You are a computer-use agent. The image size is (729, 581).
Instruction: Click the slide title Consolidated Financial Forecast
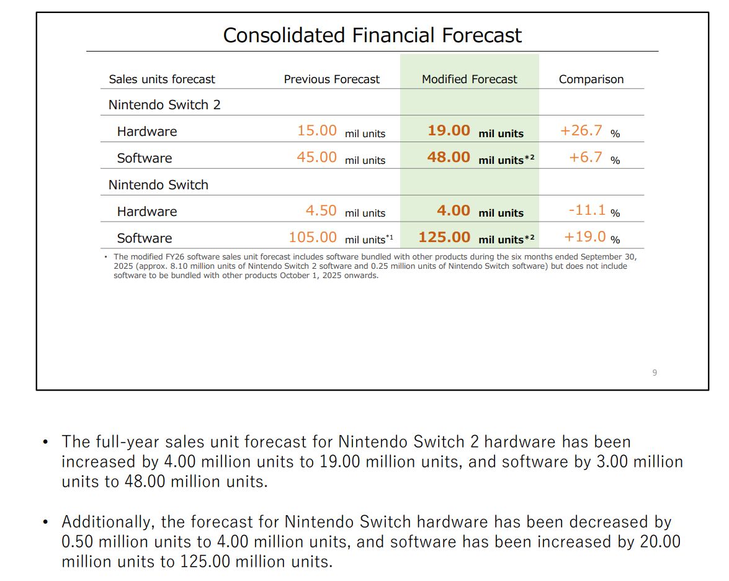click(x=372, y=35)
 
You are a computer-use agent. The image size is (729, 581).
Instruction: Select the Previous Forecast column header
click(x=331, y=79)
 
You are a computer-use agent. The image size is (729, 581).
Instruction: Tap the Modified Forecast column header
click(x=469, y=79)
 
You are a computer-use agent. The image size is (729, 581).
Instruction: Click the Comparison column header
click(x=591, y=79)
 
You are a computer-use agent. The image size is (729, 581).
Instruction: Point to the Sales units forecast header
click(x=162, y=79)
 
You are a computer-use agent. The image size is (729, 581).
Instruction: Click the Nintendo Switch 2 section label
click(x=164, y=105)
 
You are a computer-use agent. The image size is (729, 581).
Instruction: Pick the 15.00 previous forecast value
click(x=317, y=131)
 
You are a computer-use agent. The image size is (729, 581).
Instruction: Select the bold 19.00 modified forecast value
click(x=449, y=131)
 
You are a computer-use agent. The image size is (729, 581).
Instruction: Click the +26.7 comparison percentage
click(x=581, y=131)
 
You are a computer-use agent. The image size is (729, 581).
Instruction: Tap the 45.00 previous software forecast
click(x=317, y=158)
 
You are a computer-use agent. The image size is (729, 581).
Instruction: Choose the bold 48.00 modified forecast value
click(x=449, y=158)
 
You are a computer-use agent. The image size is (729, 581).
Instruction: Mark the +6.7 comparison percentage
click(x=586, y=158)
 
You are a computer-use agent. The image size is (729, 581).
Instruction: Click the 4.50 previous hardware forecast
click(x=321, y=211)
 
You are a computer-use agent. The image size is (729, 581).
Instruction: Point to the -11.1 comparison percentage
click(x=587, y=210)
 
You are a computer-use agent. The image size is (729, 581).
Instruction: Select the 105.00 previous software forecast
click(x=313, y=238)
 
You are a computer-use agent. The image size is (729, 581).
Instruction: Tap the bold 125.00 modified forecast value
click(x=444, y=238)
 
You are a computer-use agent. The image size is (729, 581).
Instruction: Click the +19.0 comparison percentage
click(x=585, y=237)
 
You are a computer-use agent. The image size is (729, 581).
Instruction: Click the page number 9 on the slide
click(x=655, y=372)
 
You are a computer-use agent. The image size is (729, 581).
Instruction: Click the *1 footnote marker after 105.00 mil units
click(x=390, y=237)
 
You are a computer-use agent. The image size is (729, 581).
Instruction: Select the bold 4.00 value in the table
click(x=454, y=211)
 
